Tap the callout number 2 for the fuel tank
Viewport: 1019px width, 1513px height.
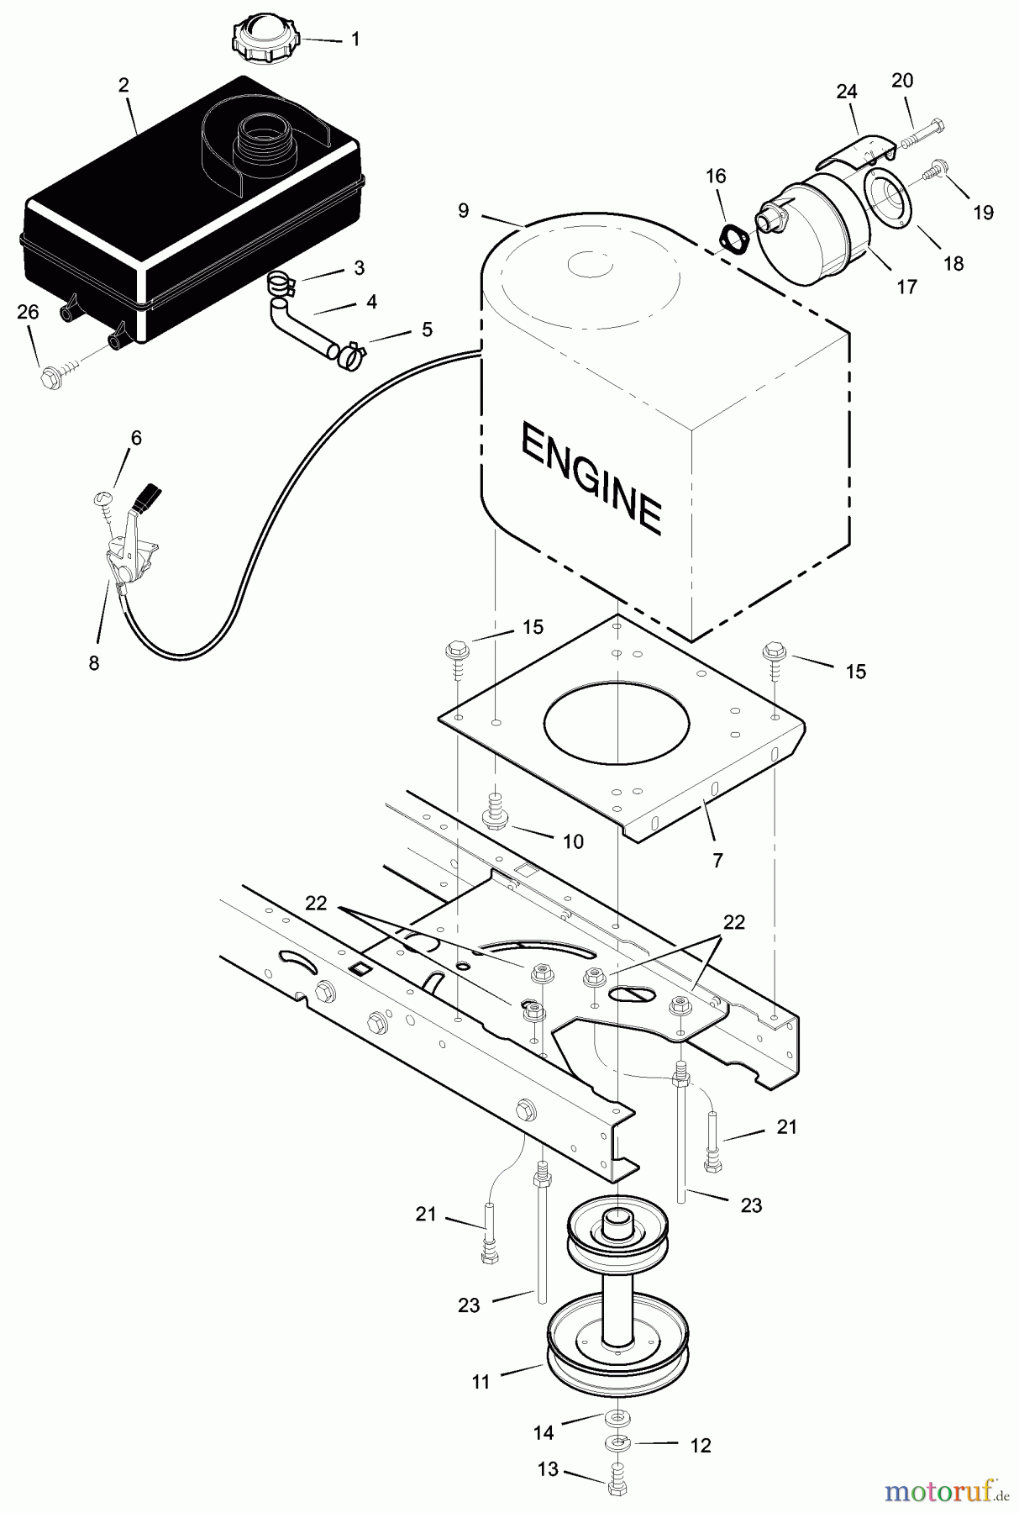coord(123,85)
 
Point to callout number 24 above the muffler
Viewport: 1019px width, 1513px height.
coord(846,91)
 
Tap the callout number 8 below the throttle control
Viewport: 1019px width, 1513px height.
coord(93,663)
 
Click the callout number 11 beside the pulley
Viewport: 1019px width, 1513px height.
coord(481,1381)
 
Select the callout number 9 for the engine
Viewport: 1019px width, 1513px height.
coord(464,210)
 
